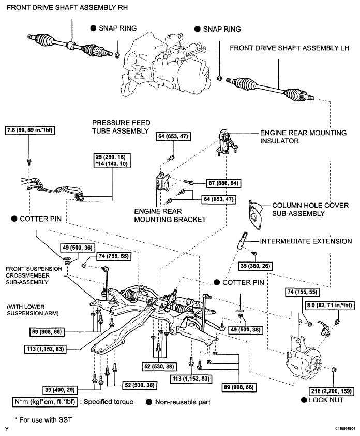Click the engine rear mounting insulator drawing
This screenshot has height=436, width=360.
click(x=226, y=142)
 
